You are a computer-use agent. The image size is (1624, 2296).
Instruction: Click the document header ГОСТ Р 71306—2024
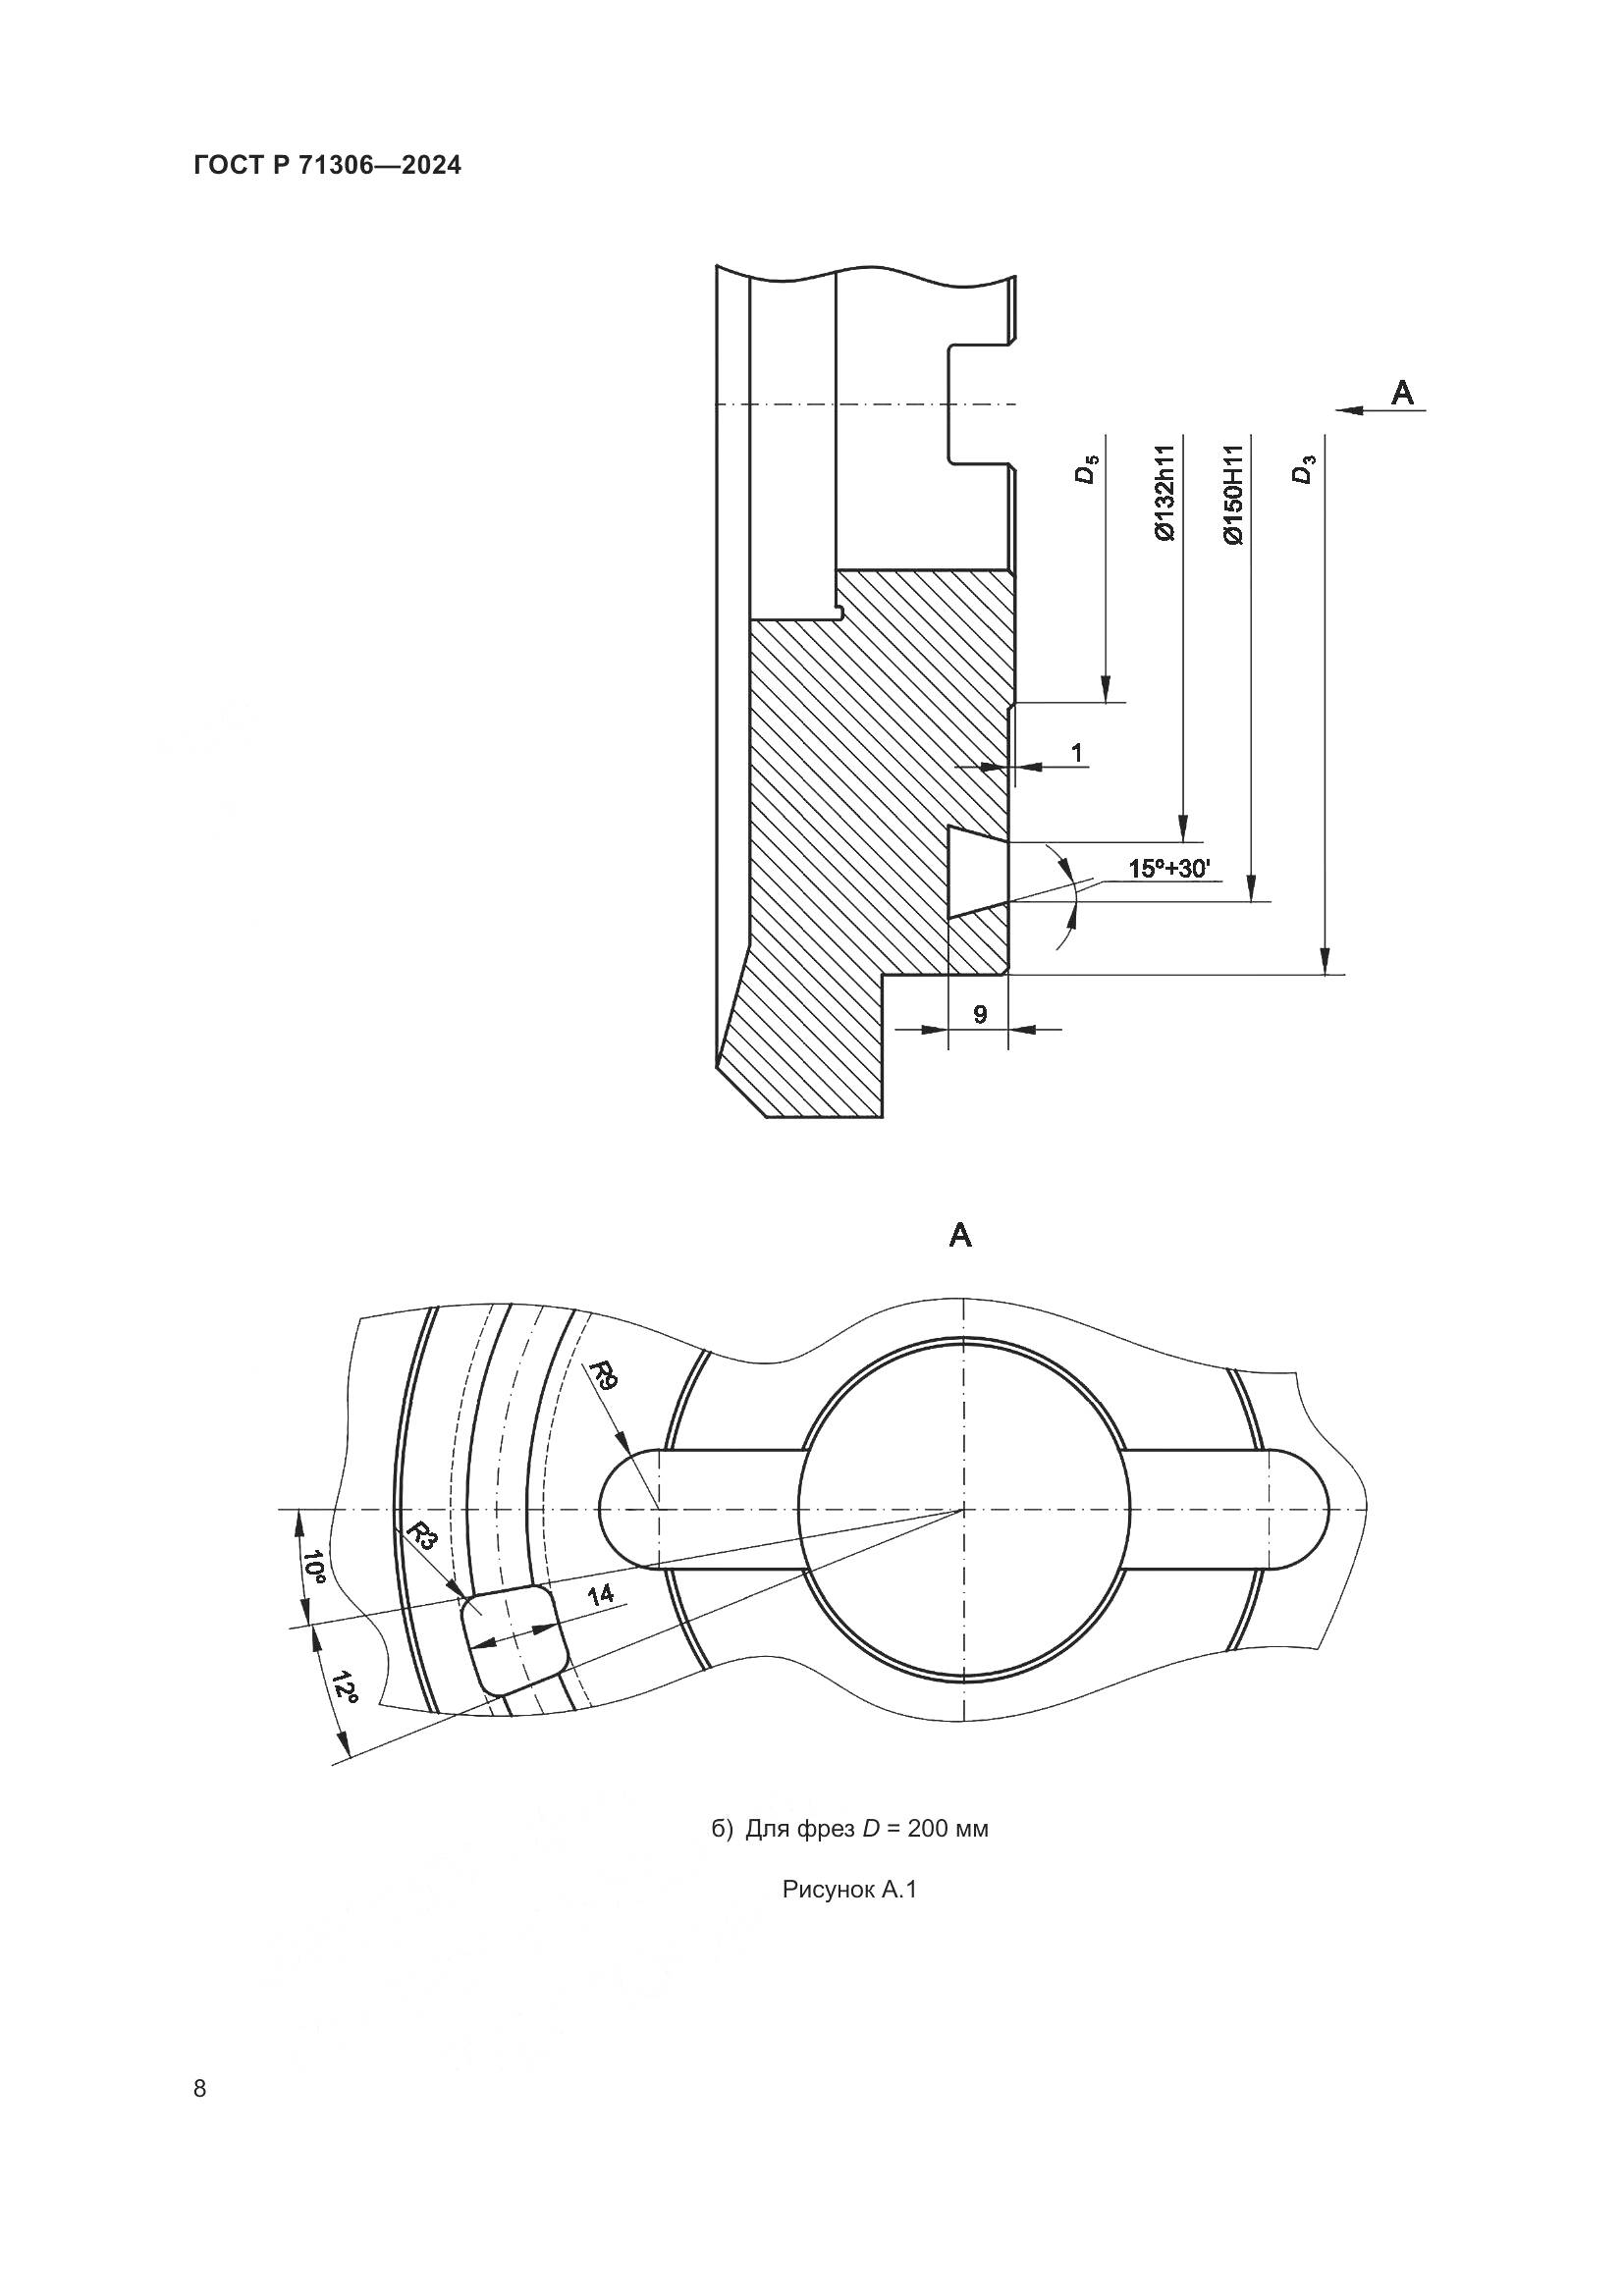point(327,166)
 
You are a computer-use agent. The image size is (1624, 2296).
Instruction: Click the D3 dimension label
point(1302,469)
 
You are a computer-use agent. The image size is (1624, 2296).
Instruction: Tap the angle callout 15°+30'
point(1169,868)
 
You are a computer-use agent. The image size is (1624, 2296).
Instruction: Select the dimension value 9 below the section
point(980,1014)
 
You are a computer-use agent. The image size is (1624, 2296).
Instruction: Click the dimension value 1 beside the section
point(1076,751)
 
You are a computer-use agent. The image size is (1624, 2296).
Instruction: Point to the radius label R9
point(605,1376)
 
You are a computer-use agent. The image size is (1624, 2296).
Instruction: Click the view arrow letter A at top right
point(1403,393)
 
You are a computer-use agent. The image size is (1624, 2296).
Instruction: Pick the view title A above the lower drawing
point(960,1236)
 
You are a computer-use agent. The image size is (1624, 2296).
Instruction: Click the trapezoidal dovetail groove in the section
point(975,872)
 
